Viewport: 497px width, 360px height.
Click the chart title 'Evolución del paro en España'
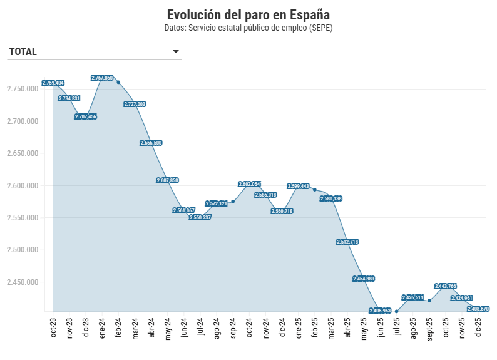(248, 14)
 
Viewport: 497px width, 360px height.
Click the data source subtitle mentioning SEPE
(248, 28)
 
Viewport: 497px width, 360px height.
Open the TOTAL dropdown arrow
(176, 51)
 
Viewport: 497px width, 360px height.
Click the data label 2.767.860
(102, 78)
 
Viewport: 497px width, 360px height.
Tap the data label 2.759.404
(53, 83)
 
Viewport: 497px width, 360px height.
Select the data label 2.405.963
(380, 311)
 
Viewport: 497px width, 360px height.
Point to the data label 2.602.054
(249, 184)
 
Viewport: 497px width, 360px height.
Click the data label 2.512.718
(347, 242)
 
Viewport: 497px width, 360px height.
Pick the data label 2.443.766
(446, 286)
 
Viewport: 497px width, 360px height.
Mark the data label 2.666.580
(151, 143)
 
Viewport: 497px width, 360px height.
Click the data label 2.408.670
(478, 309)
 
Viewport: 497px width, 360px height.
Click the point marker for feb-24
(118, 82)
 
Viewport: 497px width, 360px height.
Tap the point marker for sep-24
(233, 202)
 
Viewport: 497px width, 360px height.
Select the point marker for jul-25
(396, 311)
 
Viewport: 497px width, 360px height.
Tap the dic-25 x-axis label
(478, 327)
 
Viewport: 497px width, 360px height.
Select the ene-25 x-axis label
(298, 327)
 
